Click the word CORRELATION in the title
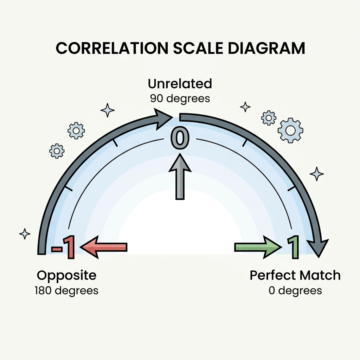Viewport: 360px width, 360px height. click(x=112, y=49)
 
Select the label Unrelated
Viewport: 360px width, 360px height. click(x=180, y=84)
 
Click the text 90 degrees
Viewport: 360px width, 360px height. click(x=180, y=98)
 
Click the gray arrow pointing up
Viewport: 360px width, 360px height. click(x=180, y=176)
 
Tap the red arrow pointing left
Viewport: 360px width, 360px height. click(x=103, y=247)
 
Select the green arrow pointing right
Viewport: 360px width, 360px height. click(x=258, y=247)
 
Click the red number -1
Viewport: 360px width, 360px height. click(x=63, y=247)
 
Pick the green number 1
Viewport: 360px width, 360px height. click(x=293, y=247)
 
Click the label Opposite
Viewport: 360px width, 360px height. click(x=66, y=275)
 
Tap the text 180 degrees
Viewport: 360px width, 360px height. click(x=66, y=290)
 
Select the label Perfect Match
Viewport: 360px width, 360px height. click(x=295, y=275)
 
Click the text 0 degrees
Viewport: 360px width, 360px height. click(x=295, y=290)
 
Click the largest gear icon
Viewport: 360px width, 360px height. click(x=290, y=130)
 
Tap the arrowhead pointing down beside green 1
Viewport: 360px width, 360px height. click(x=318, y=247)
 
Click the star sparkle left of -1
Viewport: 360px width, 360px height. click(x=25, y=234)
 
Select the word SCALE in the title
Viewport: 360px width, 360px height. click(x=198, y=49)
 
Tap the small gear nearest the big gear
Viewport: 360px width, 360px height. click(x=269, y=118)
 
